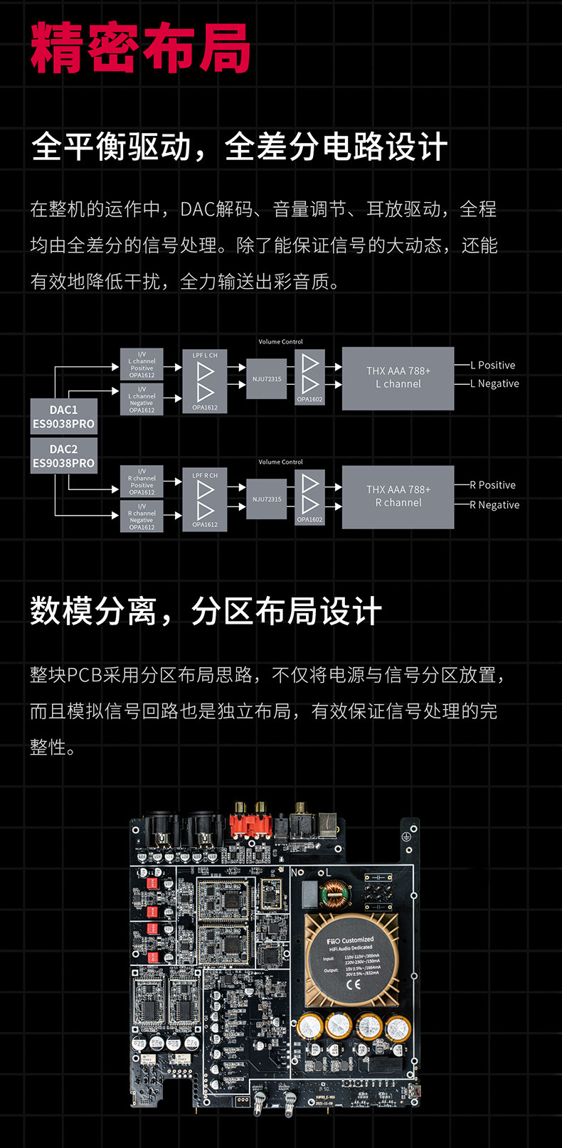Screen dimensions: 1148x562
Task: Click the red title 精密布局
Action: tap(140, 48)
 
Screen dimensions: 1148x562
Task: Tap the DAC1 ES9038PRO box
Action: tap(63, 417)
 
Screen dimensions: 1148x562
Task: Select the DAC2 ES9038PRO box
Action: tap(63, 456)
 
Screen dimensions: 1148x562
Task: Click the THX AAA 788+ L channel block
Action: tap(398, 378)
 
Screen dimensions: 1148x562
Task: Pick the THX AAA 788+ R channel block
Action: tap(398, 496)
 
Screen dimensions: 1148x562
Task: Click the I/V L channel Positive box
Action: tap(142, 364)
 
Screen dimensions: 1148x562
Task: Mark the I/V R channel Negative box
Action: tap(142, 516)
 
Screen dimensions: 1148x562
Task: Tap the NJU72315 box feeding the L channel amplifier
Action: tap(267, 379)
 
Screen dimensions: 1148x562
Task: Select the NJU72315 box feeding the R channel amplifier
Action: tap(267, 499)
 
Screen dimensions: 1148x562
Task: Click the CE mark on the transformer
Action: tap(353, 985)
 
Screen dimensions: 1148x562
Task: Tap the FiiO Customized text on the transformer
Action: tap(350, 940)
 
